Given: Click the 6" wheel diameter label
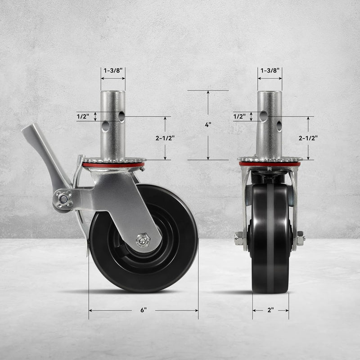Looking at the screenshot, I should pyautogui.click(x=144, y=310).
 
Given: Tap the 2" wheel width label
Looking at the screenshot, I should pyautogui.click(x=270, y=310).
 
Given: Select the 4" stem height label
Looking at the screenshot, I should pyautogui.click(x=208, y=125).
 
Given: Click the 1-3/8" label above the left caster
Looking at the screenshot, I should pyautogui.click(x=112, y=71).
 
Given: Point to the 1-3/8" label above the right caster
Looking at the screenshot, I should pyautogui.click(x=270, y=71).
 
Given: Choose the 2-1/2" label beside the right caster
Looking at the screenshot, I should pyautogui.click(x=308, y=138).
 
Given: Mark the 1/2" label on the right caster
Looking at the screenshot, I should pyautogui.click(x=239, y=117).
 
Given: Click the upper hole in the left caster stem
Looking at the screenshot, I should pyautogui.click(x=121, y=116).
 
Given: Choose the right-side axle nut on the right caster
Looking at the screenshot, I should pyautogui.click(x=300, y=238).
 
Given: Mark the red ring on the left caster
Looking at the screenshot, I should pyautogui.click(x=112, y=165).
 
